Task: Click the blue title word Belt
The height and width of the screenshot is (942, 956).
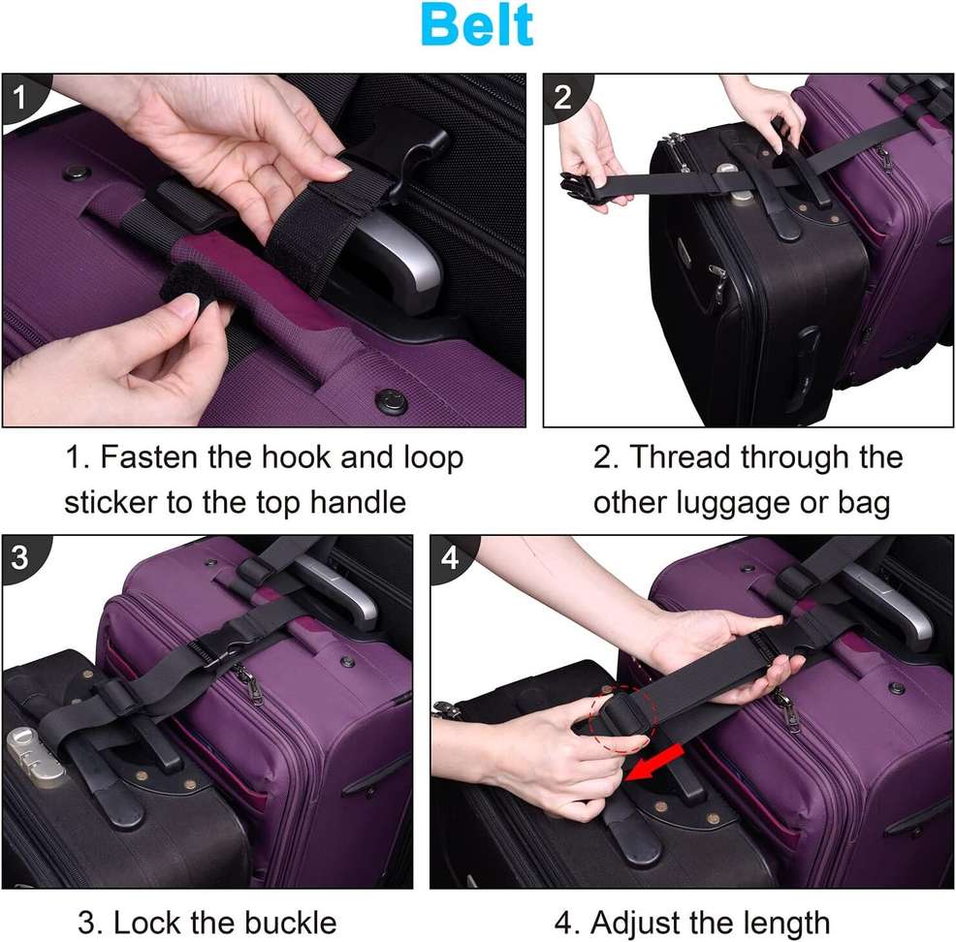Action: pos(478,26)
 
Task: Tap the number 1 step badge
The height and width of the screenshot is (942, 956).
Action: pos(20,95)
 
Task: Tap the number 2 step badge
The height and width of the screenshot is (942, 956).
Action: pos(563,96)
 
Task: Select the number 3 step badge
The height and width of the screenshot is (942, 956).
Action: pos(20,557)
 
